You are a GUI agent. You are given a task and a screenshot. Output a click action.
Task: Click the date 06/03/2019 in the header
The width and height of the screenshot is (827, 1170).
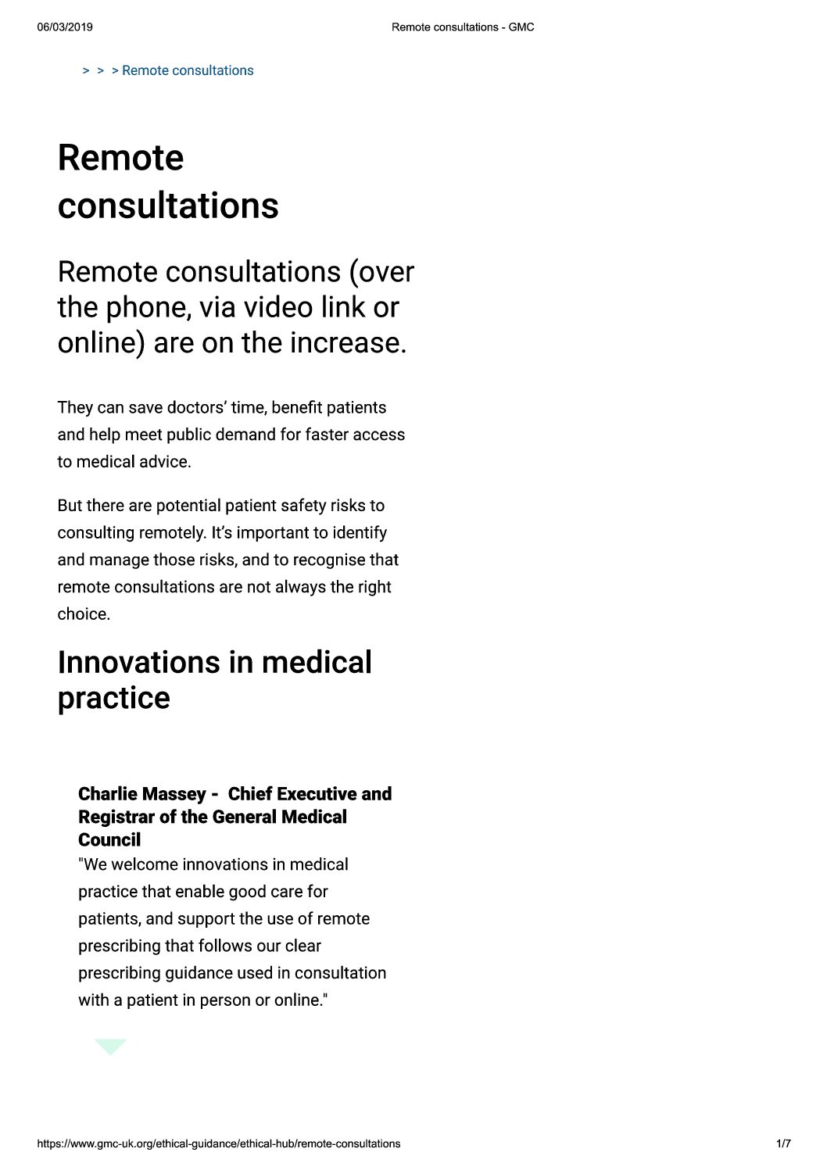tap(65, 27)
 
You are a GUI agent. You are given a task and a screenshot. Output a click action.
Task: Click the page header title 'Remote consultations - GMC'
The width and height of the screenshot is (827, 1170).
tap(463, 27)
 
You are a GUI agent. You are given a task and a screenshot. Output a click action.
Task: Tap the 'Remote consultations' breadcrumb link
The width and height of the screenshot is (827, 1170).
tap(188, 70)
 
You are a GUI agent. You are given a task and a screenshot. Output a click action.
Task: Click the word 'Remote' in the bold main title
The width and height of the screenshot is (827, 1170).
tap(120, 158)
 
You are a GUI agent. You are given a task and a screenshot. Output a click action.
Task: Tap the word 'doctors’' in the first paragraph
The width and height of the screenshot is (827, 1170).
tap(196, 408)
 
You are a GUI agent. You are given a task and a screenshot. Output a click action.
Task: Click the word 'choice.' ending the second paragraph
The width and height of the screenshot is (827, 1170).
tap(84, 614)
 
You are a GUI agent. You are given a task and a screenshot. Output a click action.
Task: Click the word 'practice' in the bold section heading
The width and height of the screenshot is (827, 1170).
tap(113, 698)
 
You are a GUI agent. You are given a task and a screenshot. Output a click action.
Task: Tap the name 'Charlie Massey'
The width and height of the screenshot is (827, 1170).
tap(141, 794)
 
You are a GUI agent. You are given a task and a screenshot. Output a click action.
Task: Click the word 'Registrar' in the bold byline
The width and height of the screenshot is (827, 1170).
tap(116, 817)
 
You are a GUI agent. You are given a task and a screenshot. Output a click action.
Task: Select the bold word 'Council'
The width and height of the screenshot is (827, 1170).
tap(109, 840)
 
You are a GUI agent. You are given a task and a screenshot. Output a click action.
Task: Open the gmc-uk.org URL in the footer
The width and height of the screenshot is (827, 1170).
tap(219, 1143)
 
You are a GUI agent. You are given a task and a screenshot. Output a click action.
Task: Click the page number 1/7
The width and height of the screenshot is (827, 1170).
tap(783, 1143)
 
